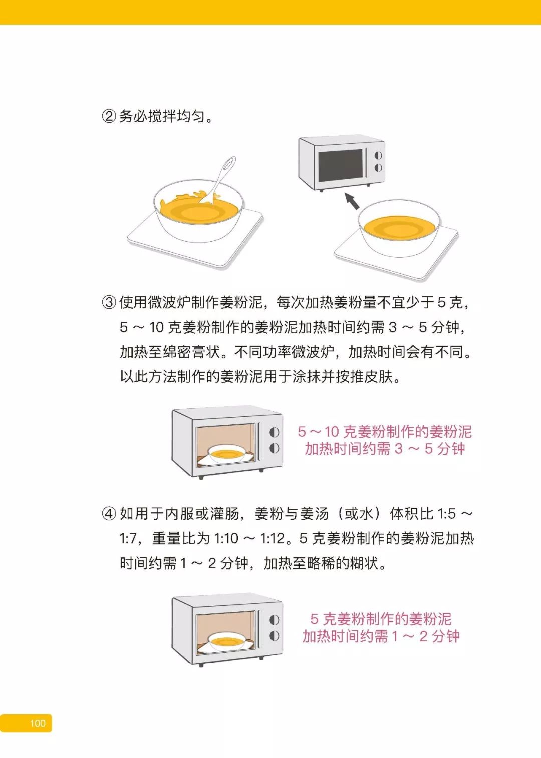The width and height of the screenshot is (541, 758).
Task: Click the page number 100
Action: (38, 723)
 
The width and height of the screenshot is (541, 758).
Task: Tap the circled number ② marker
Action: (109, 117)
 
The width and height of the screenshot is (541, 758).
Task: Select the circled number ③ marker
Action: (109, 302)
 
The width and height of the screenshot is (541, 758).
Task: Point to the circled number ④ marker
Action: (109, 514)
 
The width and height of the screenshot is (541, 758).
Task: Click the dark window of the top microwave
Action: (340, 165)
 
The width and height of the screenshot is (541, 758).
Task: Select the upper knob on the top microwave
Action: (378, 156)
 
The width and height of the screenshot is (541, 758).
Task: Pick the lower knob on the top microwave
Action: (378, 168)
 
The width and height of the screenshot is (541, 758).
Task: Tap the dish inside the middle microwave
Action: (226, 454)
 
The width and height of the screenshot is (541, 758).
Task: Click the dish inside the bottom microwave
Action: (226, 641)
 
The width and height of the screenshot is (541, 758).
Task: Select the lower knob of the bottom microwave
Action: (274, 636)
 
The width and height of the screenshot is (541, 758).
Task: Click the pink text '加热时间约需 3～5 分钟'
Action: (385, 449)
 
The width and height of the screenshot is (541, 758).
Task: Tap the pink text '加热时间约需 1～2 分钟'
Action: (381, 636)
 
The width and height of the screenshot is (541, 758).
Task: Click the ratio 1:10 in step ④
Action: (226, 539)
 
